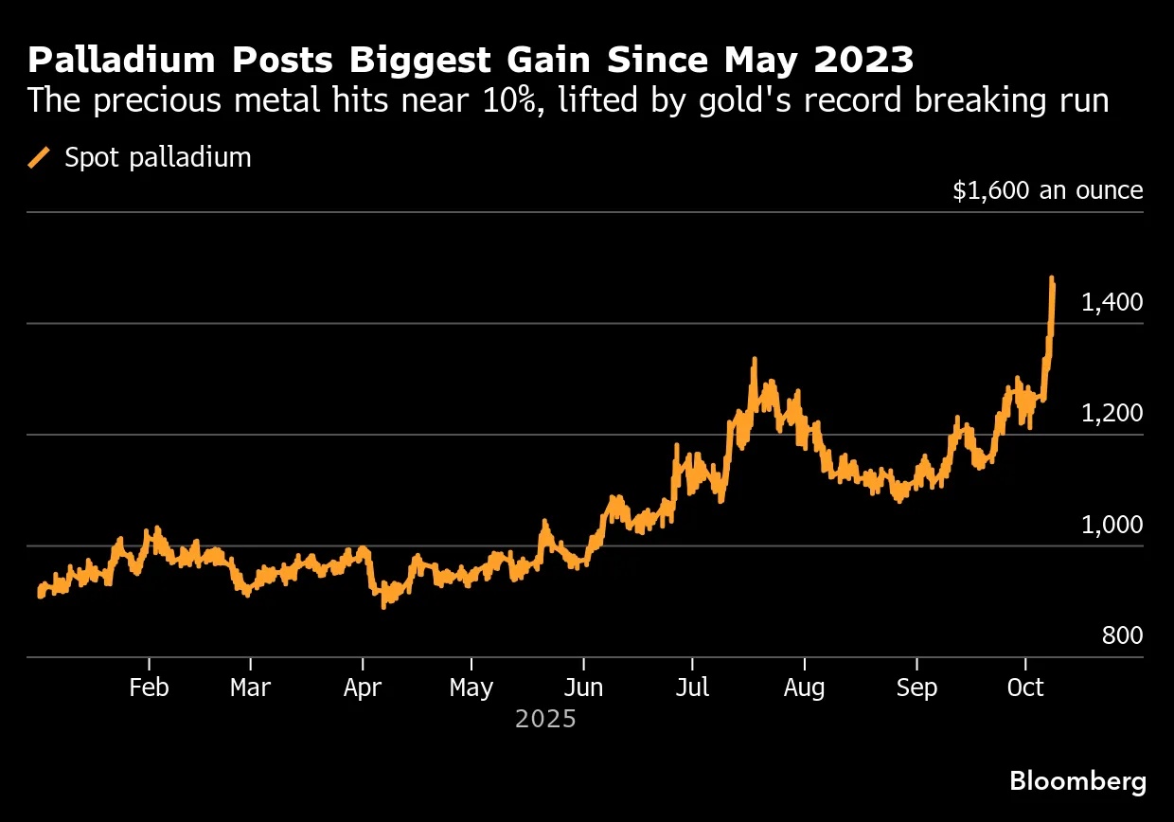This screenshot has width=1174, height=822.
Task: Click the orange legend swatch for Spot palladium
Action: pyautogui.click(x=40, y=157)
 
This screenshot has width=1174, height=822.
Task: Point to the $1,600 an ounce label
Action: pyautogui.click(x=1048, y=190)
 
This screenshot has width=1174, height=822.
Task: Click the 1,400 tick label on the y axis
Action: pyautogui.click(x=1112, y=302)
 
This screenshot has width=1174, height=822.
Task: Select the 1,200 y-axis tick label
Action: pyautogui.click(x=1112, y=413)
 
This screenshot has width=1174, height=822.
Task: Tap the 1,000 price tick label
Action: pyautogui.click(x=1112, y=524)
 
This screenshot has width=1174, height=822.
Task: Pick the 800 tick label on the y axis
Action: pyautogui.click(x=1123, y=635)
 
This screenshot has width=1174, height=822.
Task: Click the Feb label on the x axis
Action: pyautogui.click(x=149, y=688)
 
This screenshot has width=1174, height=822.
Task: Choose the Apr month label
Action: pyautogui.click(x=362, y=688)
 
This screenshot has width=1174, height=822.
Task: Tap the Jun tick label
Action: pyautogui.click(x=583, y=688)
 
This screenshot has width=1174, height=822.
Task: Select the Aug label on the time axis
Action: pyautogui.click(x=804, y=688)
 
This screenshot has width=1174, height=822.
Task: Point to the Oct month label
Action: pyautogui.click(x=1025, y=688)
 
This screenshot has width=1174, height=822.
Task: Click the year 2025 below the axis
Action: pyautogui.click(x=545, y=720)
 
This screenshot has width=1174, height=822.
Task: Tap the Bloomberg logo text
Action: pyautogui.click(x=1077, y=781)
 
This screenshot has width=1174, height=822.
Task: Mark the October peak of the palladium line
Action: pyautogui.click(x=1052, y=278)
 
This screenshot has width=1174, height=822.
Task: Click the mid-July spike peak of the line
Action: pyautogui.click(x=754, y=360)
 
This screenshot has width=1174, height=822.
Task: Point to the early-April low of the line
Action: pyautogui.click(x=383, y=605)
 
